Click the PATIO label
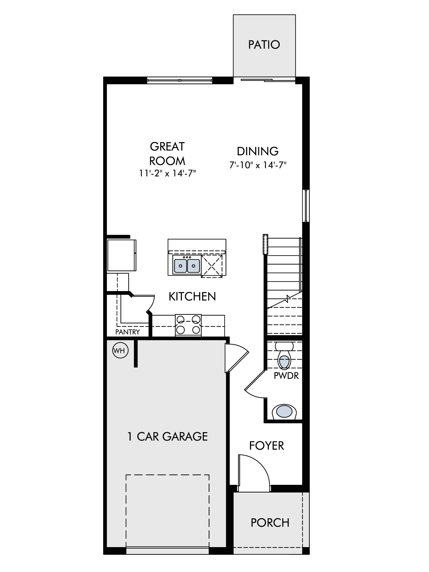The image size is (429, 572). pos(264,45)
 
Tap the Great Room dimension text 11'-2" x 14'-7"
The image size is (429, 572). pos(168,173)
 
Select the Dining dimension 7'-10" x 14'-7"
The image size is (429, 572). pos(258,165)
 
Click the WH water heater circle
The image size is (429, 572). pos(121,350)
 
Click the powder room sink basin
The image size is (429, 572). pos(284,412)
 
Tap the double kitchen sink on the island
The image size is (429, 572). pos(187,265)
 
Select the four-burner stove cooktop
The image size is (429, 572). pos(188,325)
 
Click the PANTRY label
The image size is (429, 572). pos(128,332)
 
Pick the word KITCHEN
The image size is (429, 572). pos(192,297)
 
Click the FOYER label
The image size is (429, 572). pos(267,446)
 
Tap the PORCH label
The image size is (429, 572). pos(270,523)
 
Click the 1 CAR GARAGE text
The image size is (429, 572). pos(168,436)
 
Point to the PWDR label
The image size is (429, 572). pos(286,376)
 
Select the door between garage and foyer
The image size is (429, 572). pos(237,358)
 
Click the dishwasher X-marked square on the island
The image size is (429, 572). pos(212,266)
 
